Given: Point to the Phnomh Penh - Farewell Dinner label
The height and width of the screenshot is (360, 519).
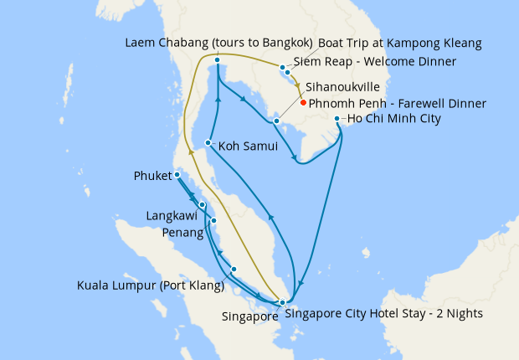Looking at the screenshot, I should point(398,104).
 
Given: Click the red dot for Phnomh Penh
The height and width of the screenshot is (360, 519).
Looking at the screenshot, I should point(302,103).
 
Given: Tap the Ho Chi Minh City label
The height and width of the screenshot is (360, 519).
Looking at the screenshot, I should point(395,119).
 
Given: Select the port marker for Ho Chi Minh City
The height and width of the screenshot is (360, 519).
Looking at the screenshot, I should point(337,119).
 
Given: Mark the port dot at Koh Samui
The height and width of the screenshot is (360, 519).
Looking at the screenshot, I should point(208,143).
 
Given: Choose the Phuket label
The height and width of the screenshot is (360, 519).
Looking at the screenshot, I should point(152,176).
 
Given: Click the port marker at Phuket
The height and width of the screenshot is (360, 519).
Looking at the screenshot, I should point(177,175).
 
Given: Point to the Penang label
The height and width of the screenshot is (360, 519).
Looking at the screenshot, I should point(181,232).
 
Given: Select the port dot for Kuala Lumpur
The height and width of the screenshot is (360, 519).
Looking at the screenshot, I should point(234,269).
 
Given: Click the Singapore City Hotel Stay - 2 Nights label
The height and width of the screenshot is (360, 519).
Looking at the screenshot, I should point(384,315).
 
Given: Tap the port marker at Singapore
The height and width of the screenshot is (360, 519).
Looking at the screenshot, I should point(283,302).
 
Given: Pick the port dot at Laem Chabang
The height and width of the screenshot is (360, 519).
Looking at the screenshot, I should point(217,60).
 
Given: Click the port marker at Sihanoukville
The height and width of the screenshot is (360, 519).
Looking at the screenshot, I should point(276,121).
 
